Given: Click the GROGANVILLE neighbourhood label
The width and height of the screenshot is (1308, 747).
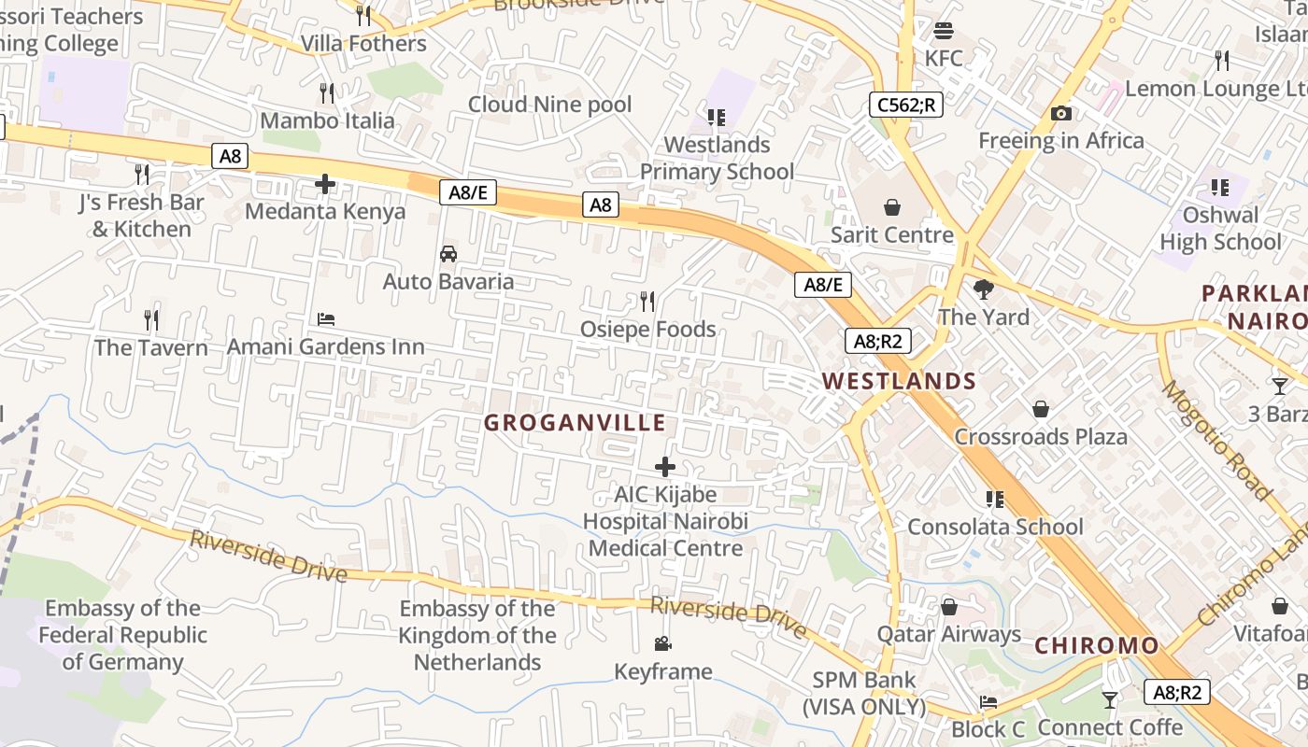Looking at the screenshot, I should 575,423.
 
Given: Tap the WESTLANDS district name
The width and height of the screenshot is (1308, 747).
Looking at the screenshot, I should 899,381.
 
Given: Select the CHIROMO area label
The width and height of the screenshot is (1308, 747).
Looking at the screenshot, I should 1096,645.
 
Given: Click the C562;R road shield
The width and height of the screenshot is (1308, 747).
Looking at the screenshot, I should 905,105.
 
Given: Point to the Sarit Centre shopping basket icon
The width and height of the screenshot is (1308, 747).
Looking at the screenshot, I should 892,206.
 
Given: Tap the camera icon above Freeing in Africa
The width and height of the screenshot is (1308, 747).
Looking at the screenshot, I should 1060,114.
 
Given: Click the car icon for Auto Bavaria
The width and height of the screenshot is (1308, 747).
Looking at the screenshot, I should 448,253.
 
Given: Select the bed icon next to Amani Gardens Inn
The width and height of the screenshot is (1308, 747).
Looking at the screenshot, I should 325,319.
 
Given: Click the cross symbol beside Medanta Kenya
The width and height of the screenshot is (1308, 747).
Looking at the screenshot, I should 325,184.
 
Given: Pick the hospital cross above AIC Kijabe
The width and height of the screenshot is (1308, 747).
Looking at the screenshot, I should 665,466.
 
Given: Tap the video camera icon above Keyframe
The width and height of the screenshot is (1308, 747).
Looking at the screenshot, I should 662,643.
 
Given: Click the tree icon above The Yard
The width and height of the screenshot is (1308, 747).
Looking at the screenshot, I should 983,289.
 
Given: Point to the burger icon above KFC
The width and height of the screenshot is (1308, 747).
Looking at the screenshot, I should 944,31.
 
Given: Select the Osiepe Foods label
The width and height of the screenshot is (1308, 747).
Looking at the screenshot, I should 647,329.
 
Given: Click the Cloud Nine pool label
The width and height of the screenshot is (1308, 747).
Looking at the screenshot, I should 549,105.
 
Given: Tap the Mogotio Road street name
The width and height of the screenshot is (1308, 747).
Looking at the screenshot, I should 1216,440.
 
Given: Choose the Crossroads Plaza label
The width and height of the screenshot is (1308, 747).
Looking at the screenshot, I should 1040,436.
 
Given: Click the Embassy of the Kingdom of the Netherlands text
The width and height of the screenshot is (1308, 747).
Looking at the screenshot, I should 477,635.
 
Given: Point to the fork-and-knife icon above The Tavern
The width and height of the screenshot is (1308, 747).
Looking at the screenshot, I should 151,320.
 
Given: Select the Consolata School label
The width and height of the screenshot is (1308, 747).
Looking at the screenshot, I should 995,527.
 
